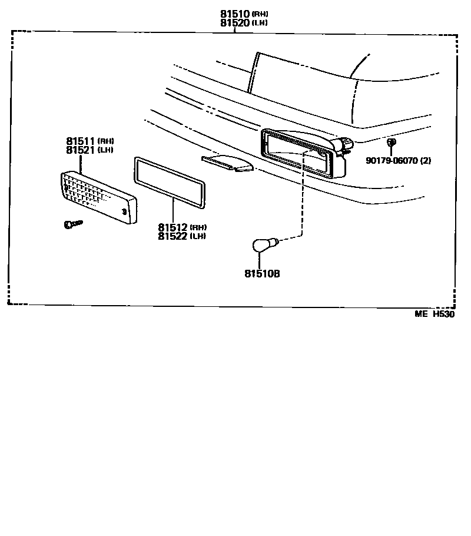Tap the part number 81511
click(81, 141)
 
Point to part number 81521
click(81, 150)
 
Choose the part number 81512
click(173, 227)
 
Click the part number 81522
click(173, 236)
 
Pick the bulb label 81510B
click(263, 273)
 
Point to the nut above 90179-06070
click(392, 142)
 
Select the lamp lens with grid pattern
click(99, 197)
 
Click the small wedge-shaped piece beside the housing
click(227, 163)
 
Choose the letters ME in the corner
click(421, 314)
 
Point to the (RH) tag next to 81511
click(106, 141)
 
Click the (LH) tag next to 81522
click(198, 237)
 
